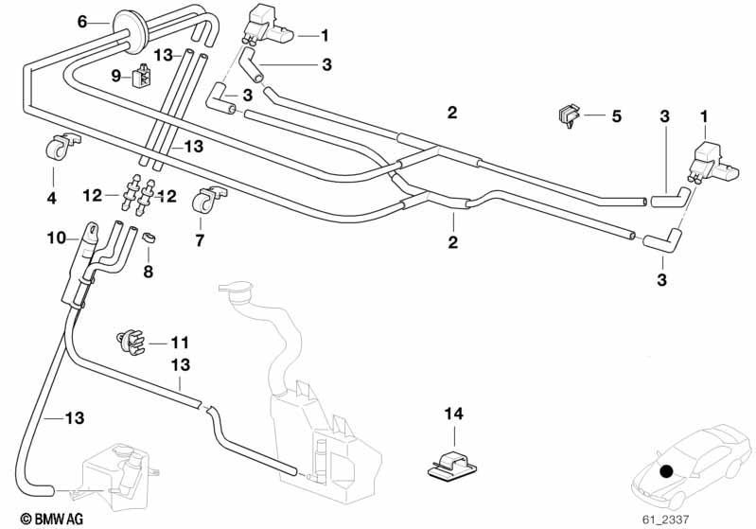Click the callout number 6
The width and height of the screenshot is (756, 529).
(x=82, y=22)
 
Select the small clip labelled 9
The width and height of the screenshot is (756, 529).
(x=142, y=77)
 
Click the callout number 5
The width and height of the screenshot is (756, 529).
(x=616, y=116)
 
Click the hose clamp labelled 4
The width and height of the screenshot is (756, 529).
(x=60, y=146)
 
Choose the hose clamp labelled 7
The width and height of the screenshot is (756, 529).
(x=207, y=199)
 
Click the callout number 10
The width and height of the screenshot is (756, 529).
(x=57, y=238)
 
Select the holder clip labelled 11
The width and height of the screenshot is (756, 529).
(x=130, y=341)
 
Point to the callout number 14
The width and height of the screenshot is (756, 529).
(x=454, y=414)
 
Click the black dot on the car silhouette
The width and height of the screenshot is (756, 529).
(x=666, y=471)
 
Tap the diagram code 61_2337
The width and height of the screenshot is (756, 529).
(x=666, y=520)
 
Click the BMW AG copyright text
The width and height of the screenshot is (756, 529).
(x=52, y=519)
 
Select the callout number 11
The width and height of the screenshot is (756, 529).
(x=180, y=343)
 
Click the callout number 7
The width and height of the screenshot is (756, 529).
(x=200, y=239)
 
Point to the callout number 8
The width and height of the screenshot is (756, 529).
(x=148, y=272)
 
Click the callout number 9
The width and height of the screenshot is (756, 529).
(x=115, y=76)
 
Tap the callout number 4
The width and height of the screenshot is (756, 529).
(x=52, y=198)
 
